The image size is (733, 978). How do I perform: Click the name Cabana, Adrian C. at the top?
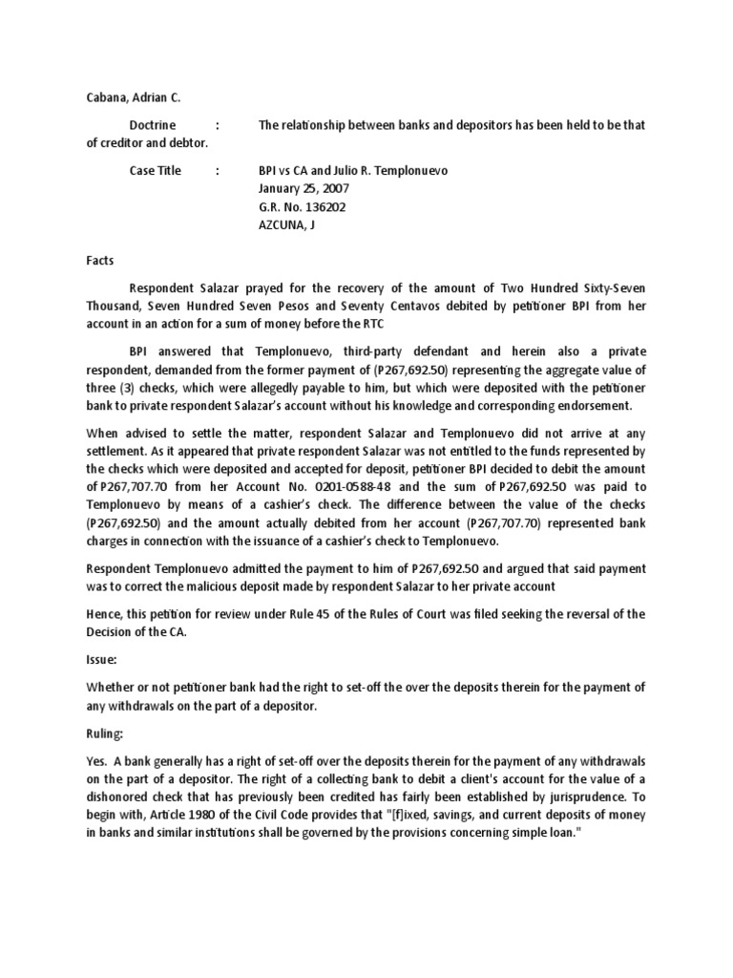pos(120,96)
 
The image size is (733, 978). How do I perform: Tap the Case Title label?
pos(156,170)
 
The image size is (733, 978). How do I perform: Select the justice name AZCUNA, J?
pos(286,224)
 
